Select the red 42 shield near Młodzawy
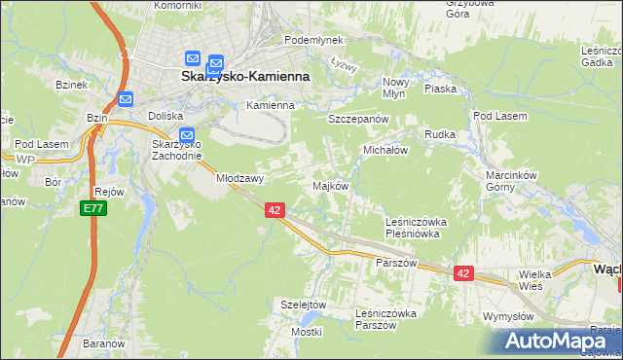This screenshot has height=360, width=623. (x=275, y=210)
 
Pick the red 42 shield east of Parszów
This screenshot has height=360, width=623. (x=462, y=274)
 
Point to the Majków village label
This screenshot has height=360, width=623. (x=329, y=185)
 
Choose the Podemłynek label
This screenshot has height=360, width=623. (x=313, y=40)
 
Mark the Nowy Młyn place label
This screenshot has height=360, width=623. (x=394, y=88)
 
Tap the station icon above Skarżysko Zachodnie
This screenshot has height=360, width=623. (x=187, y=136)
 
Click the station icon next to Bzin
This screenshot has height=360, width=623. (x=125, y=98)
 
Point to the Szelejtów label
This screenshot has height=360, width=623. (x=302, y=304)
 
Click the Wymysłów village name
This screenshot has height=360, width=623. (x=507, y=317)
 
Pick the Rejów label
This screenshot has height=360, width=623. (x=109, y=192)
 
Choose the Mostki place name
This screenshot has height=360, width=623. (x=305, y=332)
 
